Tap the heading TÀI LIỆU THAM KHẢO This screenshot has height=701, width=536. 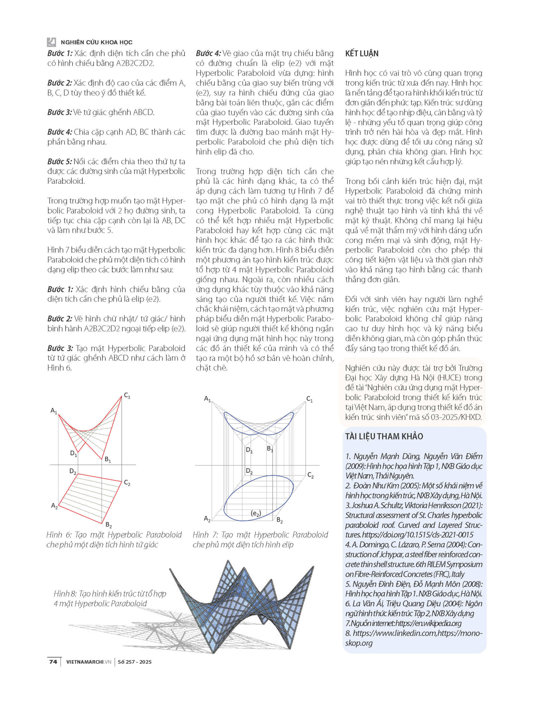[384, 436]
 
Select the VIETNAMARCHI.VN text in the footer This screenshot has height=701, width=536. [89, 662]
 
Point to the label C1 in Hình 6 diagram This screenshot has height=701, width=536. [127, 396]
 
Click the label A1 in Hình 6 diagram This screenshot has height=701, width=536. [54, 411]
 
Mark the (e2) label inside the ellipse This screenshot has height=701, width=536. [256, 513]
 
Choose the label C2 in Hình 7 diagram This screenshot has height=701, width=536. [310, 475]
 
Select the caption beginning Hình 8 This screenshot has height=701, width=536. [110, 598]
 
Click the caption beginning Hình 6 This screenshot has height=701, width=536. [114, 539]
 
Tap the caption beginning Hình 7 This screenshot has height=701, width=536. [260, 539]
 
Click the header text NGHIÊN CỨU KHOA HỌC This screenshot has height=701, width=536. [96, 42]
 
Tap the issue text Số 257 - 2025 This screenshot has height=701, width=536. [135, 662]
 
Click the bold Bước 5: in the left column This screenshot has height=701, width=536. [60, 162]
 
